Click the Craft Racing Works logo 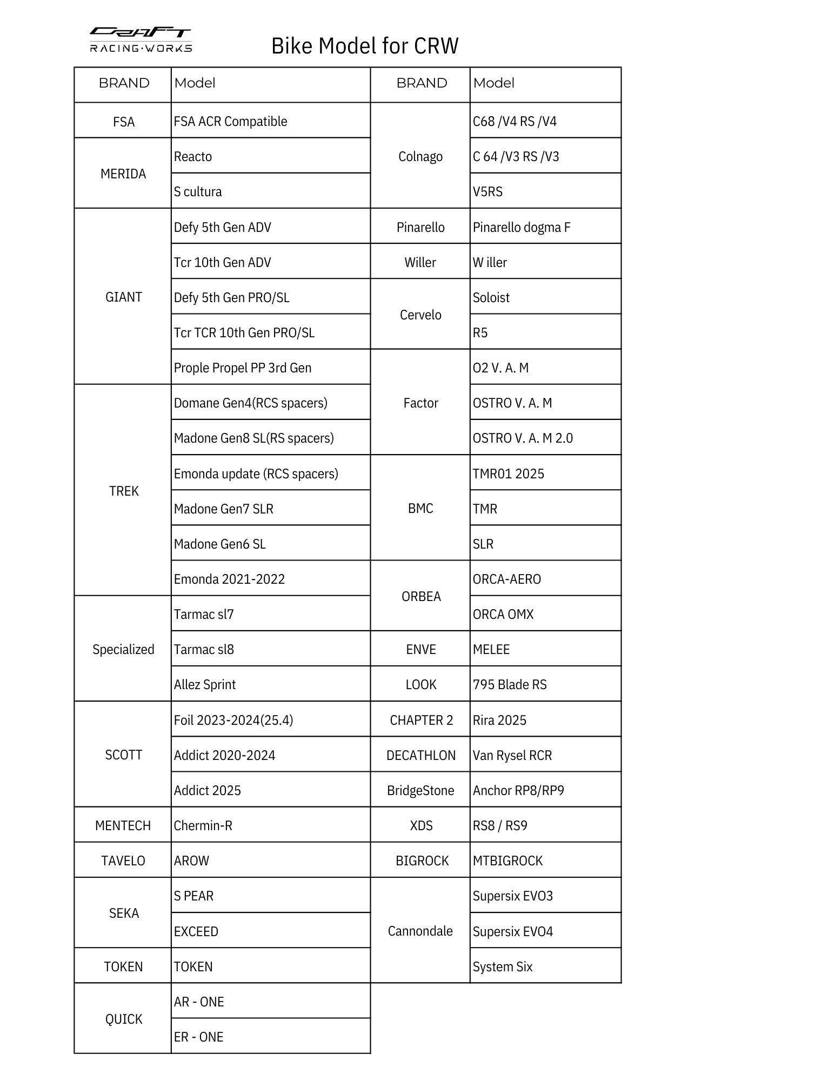[141, 40]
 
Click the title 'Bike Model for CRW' [365, 46]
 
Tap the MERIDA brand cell [123, 174]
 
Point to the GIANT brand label [123, 297]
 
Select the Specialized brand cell [123, 649]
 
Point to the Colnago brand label [420, 156]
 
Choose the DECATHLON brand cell [421, 755]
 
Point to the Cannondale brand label [420, 931]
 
